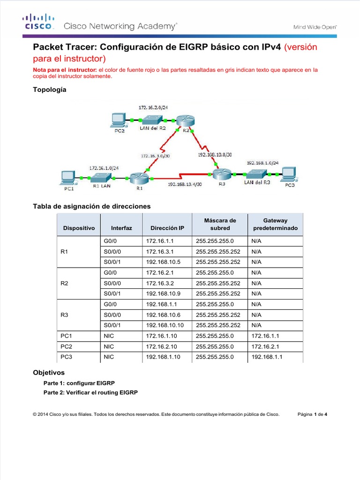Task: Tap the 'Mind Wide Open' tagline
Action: [x=315, y=27]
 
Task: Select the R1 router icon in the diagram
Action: [x=139, y=178]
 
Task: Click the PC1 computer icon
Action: [x=68, y=177]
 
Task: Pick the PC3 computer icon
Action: [x=291, y=173]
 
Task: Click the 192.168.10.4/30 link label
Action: [x=185, y=185]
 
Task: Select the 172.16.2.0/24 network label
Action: [x=153, y=107]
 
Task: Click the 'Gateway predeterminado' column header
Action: [x=275, y=224]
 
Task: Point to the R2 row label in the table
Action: [x=65, y=283]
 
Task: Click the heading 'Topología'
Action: [x=49, y=90]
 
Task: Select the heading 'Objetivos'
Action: [x=48, y=373]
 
